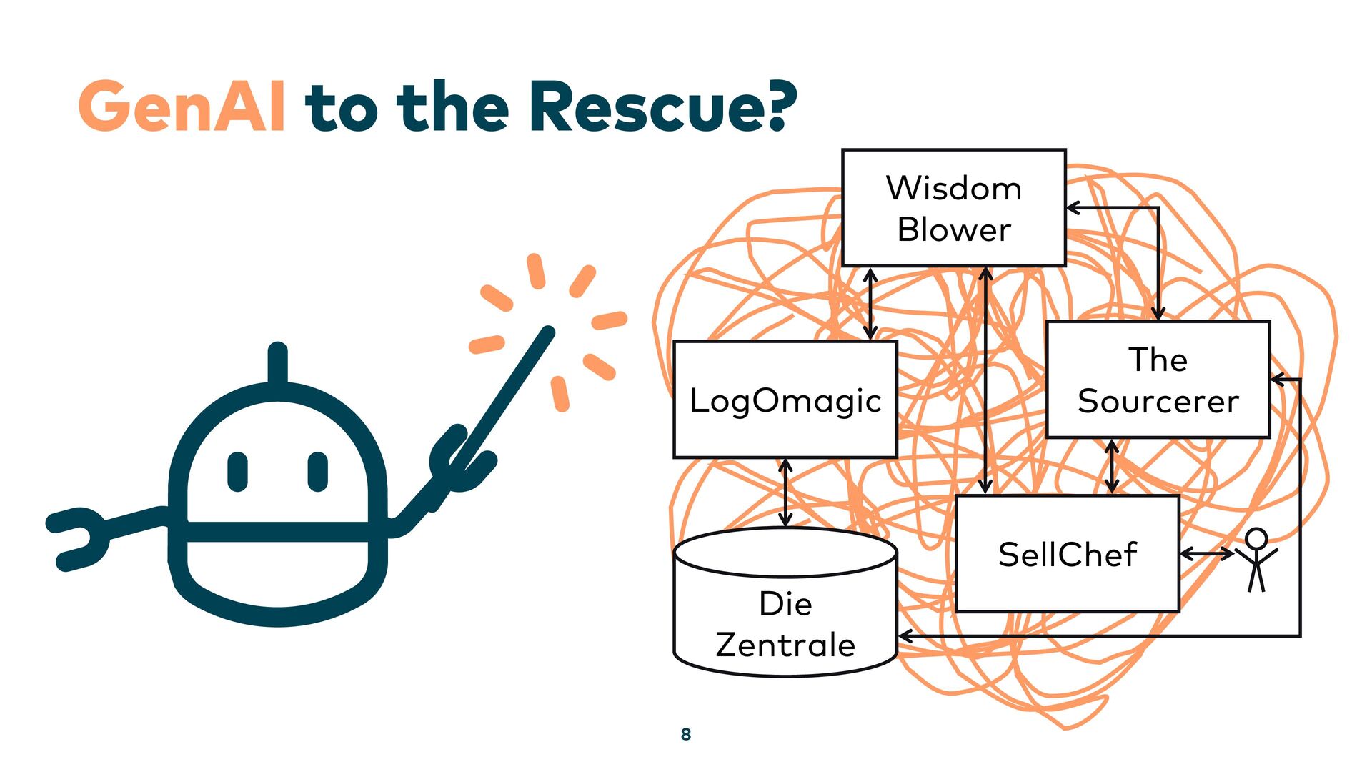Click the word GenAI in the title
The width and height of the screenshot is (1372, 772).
182,107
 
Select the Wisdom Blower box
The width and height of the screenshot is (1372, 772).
953,208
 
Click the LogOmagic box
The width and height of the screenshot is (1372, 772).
785,400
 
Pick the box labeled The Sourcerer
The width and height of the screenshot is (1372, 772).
1158,380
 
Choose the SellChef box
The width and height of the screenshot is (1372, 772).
1067,554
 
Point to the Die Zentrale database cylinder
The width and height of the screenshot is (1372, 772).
785,615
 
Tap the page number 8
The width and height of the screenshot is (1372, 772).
686,734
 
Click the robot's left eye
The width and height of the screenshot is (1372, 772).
237,472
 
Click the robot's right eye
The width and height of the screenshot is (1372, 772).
317,472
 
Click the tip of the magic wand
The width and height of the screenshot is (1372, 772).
547,332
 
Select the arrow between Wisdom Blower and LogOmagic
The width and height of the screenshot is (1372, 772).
870,304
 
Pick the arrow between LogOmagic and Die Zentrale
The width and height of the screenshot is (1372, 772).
785,493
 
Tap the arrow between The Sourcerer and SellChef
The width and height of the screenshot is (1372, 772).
1111,466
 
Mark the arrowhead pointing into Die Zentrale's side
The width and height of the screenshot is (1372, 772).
905,635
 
